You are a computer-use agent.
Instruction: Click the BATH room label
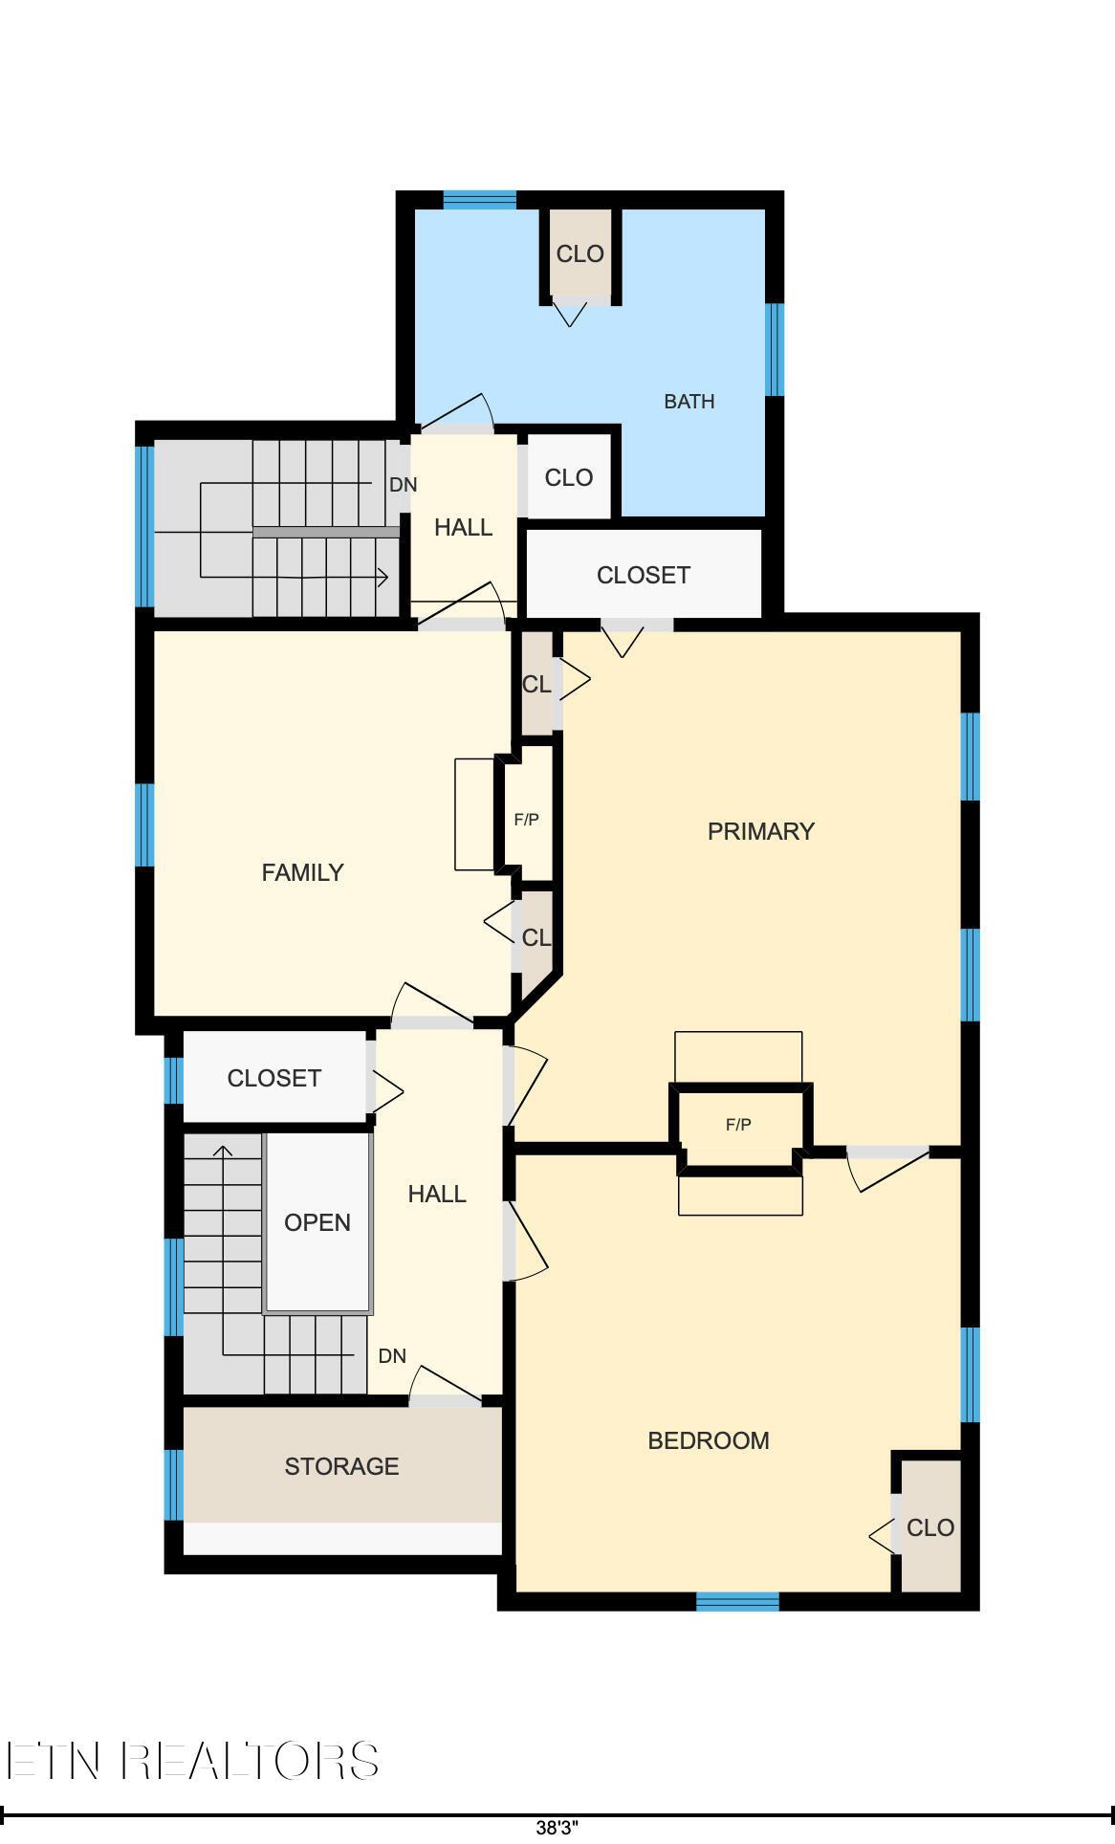click(x=689, y=402)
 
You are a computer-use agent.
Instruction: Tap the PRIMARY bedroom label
click(x=760, y=831)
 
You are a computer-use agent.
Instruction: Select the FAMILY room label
click(x=302, y=872)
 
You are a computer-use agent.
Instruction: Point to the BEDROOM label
click(x=708, y=1440)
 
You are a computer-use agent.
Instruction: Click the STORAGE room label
click(x=341, y=1466)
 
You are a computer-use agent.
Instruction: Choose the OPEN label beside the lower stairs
click(x=317, y=1222)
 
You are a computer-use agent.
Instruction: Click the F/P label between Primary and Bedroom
click(x=738, y=1125)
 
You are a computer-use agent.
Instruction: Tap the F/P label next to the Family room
click(x=526, y=820)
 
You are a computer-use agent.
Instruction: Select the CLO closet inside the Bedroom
click(x=929, y=1527)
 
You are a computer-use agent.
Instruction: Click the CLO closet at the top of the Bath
click(x=579, y=254)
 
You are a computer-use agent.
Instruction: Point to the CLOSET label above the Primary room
click(x=643, y=575)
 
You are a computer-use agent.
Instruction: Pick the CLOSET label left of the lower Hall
click(x=273, y=1078)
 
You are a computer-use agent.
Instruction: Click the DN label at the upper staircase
click(x=403, y=485)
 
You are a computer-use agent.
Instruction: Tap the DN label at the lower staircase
click(x=392, y=1356)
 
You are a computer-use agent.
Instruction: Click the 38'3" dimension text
click(x=557, y=1828)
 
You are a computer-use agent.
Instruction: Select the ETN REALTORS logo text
click(x=191, y=1761)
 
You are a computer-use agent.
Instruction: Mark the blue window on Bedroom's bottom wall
click(x=737, y=1601)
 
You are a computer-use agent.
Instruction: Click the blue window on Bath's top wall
click(x=479, y=200)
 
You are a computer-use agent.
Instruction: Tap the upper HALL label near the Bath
click(x=463, y=527)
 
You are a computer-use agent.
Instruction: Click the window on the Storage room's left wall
click(x=173, y=1484)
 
